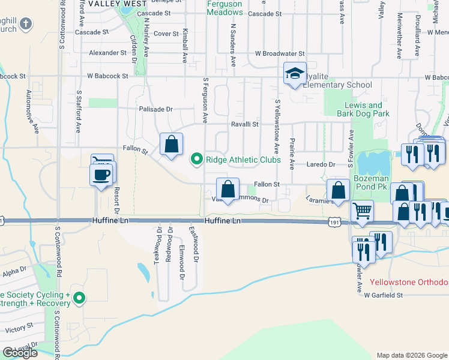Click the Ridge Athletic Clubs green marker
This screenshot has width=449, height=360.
coord(196,160)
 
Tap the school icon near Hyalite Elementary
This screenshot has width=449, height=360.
coord(295,73)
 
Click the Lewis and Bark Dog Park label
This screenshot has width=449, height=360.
coord(363,109)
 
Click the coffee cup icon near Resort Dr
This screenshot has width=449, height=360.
coord(101,175)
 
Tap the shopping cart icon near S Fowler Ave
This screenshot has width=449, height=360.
coord(362,211)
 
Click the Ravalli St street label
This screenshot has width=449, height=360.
coord(245,124)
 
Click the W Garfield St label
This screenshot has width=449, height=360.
coord(382,295)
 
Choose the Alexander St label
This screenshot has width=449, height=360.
coord(107,53)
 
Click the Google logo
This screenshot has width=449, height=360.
coord(20,353)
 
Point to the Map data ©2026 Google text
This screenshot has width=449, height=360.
coord(411,355)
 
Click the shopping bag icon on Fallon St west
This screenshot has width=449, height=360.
coord(172,145)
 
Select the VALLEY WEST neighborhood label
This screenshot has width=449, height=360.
coord(109,4)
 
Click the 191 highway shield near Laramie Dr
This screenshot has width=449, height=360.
coord(334,223)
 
